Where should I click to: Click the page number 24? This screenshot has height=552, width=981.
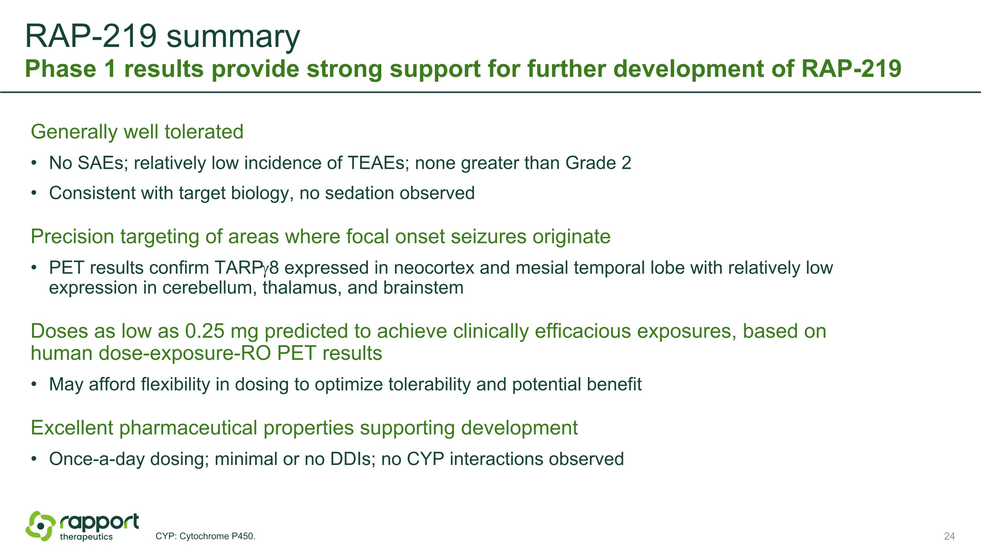pos(949,536)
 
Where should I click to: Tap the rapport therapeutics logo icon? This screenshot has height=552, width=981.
pos(40,526)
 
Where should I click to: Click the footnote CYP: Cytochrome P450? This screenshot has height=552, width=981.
pos(205,536)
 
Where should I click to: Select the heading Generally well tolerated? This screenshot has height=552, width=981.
pos(137,132)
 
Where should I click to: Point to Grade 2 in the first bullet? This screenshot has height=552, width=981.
pos(598,163)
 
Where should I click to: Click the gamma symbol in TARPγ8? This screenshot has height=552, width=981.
pos(266,269)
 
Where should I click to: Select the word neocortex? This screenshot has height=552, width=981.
pos(434,268)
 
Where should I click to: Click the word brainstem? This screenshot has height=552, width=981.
pos(423,288)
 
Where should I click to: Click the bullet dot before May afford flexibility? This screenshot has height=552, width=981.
pos(34,384)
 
